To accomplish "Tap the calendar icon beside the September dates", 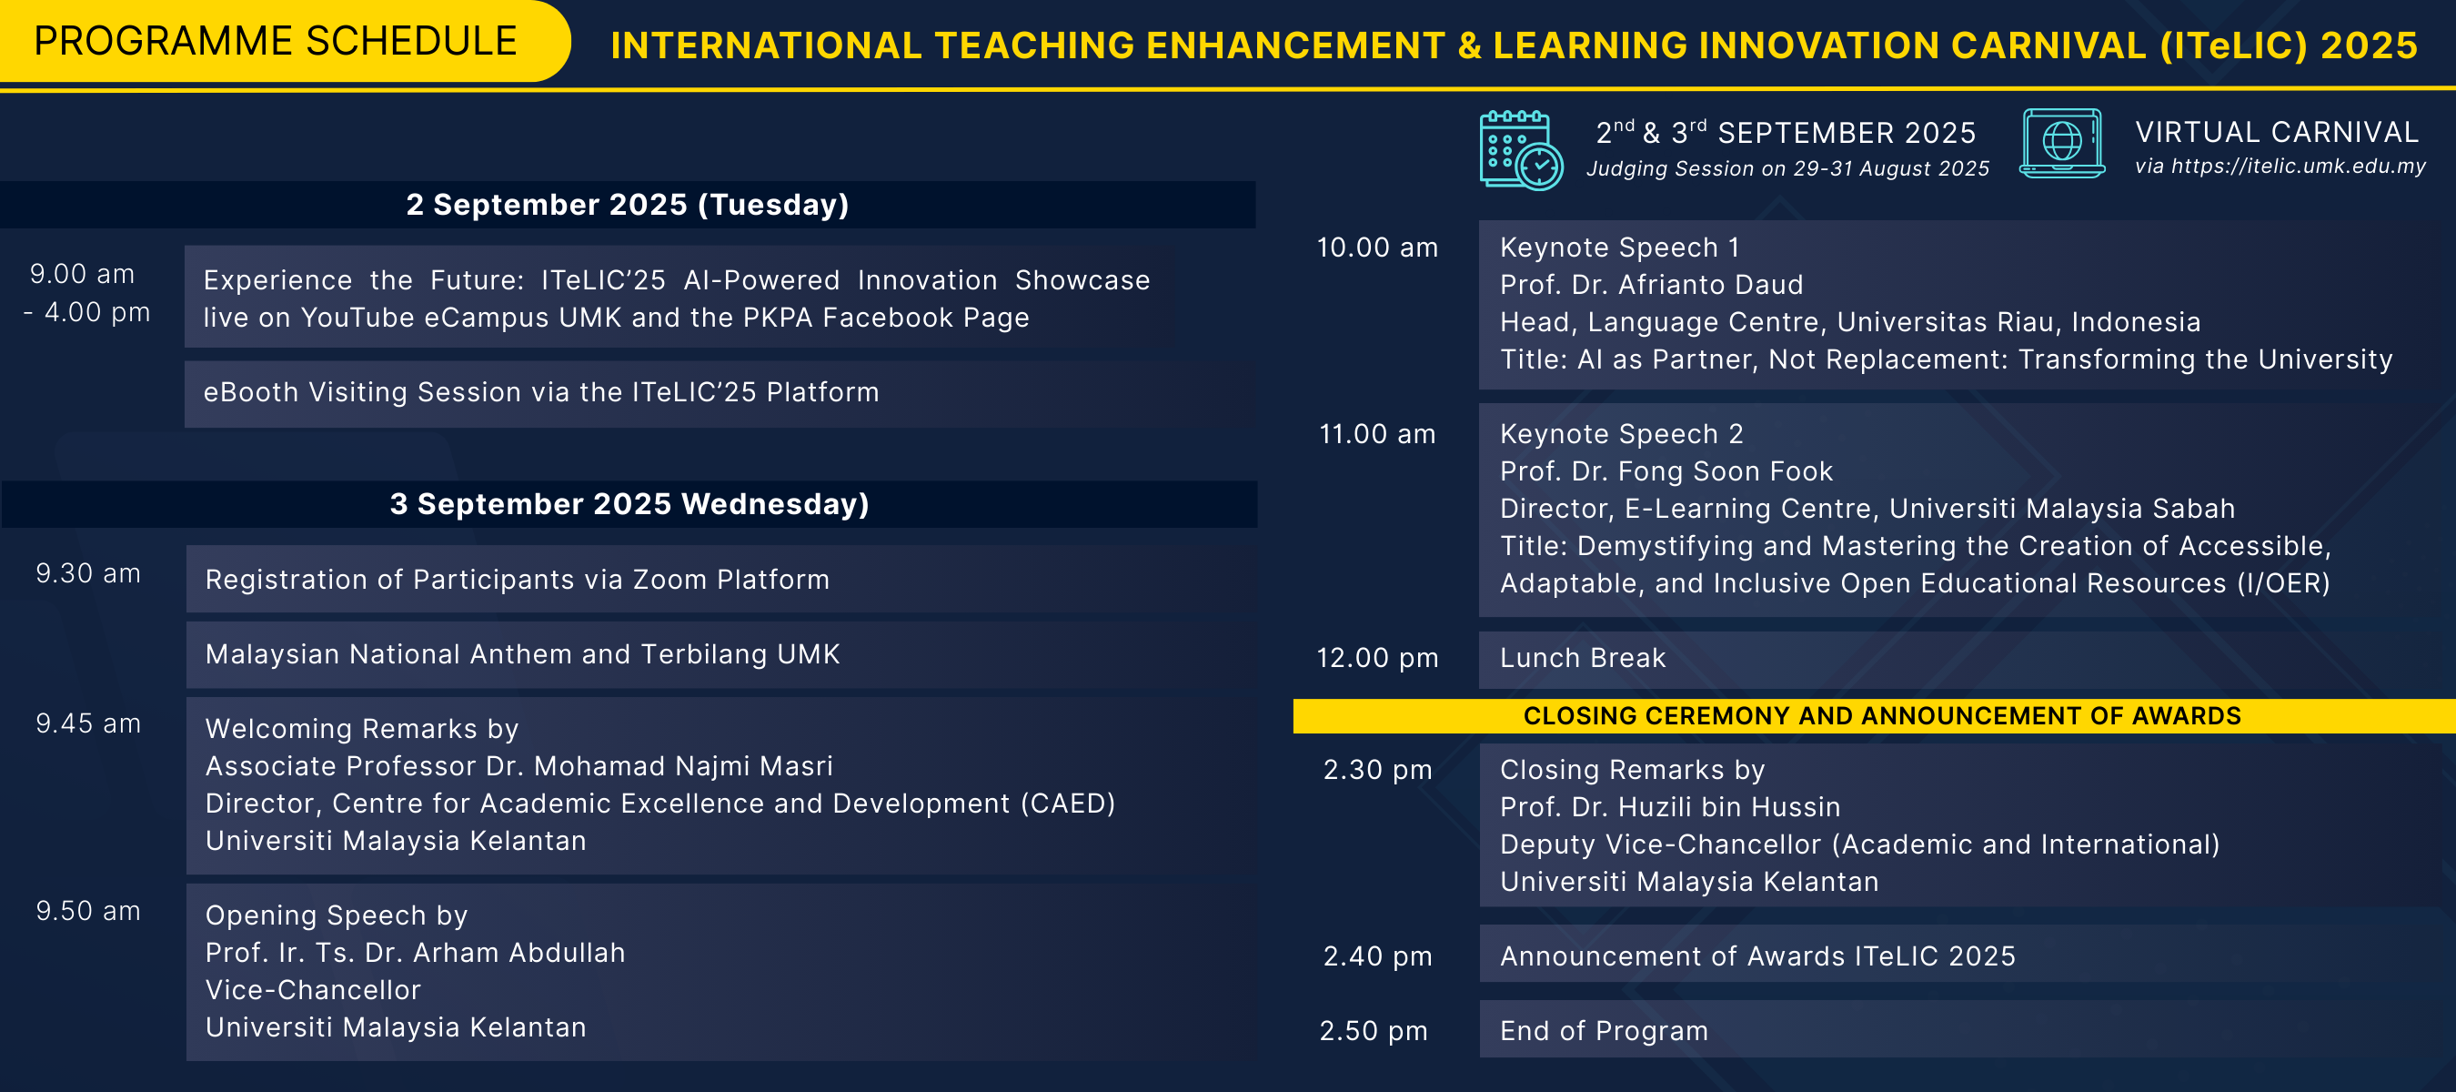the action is (1521, 150).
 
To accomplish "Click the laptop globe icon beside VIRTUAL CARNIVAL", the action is (2061, 143).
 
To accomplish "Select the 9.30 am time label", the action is (87, 573).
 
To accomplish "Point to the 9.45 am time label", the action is (87, 723).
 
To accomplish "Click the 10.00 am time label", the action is (1377, 247).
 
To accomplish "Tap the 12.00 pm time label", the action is (1377, 657).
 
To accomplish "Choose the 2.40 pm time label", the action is (1377, 955).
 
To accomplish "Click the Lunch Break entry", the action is (1583, 657).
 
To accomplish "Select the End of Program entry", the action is (1604, 1031).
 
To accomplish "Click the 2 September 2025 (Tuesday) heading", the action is (628, 204).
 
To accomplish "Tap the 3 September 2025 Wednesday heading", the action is (629, 503).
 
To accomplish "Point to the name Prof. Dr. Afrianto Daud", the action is (1651, 284).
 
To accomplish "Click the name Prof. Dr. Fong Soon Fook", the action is (1666, 471).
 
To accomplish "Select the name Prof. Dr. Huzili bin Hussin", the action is (1669, 807).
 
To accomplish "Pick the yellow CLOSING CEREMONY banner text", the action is (1882, 716).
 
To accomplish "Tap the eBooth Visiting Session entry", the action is (540, 392).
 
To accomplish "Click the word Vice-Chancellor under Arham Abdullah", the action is (313, 990).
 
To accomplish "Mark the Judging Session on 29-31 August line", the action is (1787, 169).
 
